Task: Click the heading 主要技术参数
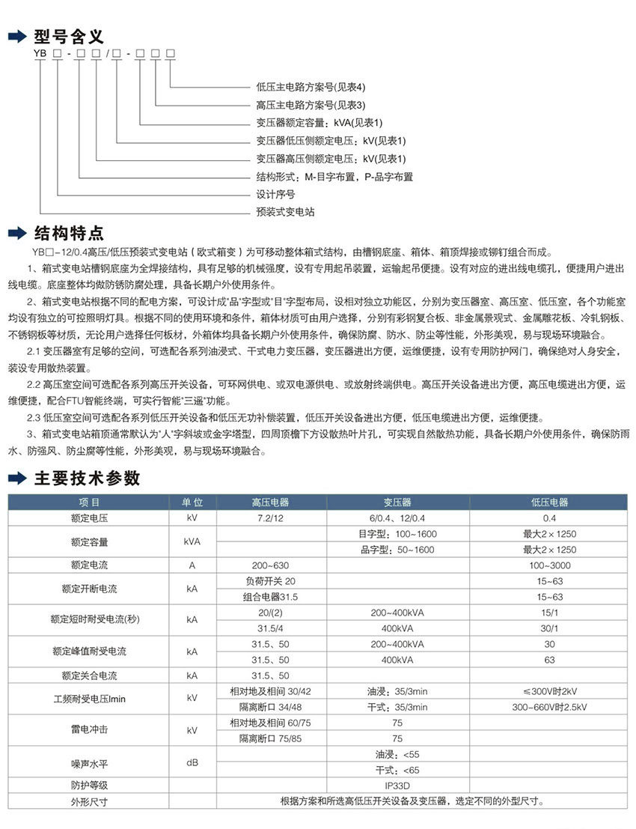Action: (87, 478)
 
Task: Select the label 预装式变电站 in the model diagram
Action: (285, 212)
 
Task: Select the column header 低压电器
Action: (549, 502)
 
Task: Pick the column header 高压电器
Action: (270, 502)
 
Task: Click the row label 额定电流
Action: (89, 565)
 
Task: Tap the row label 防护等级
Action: (89, 786)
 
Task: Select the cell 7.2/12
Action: (270, 518)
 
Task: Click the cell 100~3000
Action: (549, 565)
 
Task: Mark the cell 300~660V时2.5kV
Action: (549, 707)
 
